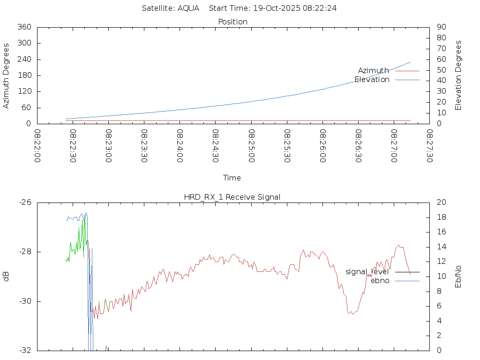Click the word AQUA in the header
188,8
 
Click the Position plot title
233,22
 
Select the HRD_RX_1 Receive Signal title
232,197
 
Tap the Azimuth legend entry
374,70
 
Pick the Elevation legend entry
372,80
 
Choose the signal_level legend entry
367,272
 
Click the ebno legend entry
380,281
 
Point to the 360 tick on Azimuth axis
24,27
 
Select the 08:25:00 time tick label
251,146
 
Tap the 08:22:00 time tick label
37,146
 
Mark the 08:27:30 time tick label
429,146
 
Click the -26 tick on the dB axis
25,202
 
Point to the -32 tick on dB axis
25,350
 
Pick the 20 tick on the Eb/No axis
441,202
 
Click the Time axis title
232,178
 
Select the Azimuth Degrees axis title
7,75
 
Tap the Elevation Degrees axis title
458,75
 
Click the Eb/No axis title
458,276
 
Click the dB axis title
7,277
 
